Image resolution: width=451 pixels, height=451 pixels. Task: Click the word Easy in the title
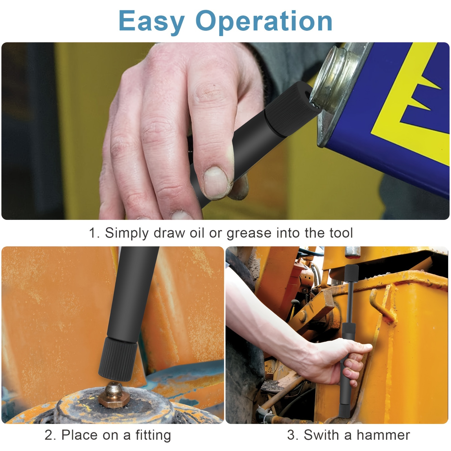tap(152, 22)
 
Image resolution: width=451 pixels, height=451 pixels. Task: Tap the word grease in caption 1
tap(249, 233)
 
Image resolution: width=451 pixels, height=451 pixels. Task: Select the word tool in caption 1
tap(341, 233)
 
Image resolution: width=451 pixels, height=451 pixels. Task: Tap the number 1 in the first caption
tap(93, 233)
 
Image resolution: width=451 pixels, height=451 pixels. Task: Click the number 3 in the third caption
tap(291, 435)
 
